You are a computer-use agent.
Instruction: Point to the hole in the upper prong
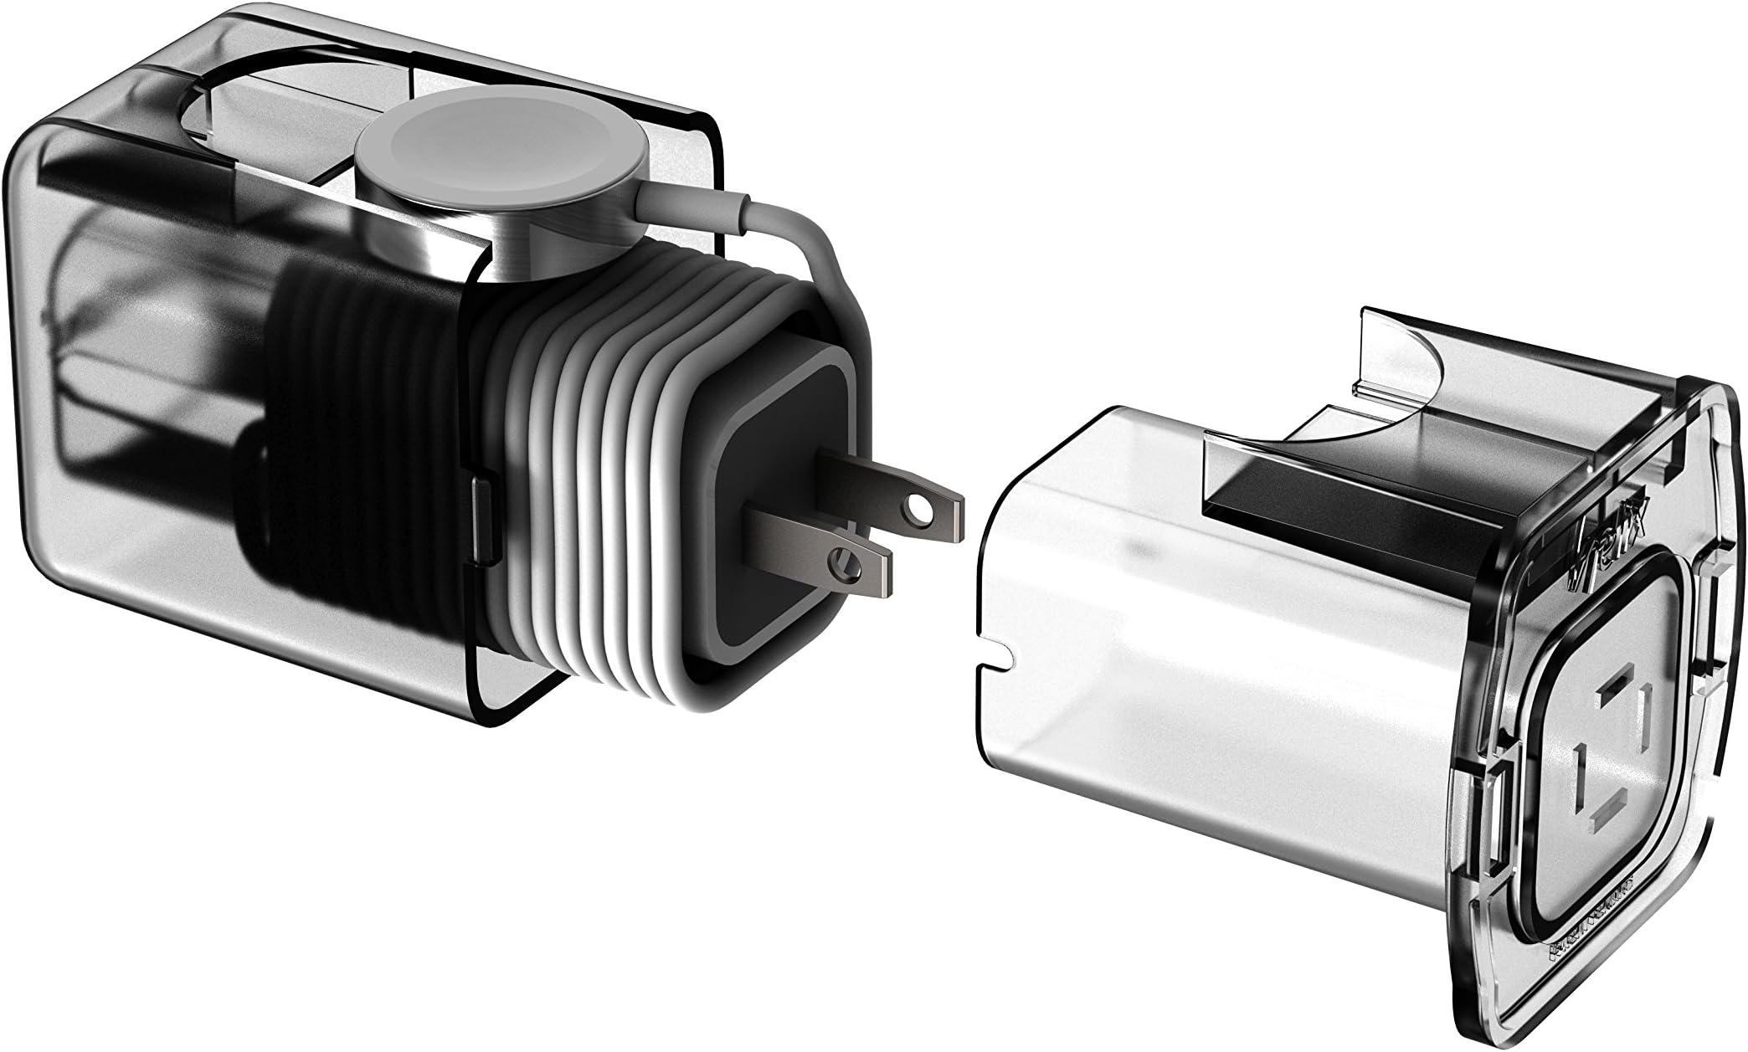(x=922, y=530)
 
